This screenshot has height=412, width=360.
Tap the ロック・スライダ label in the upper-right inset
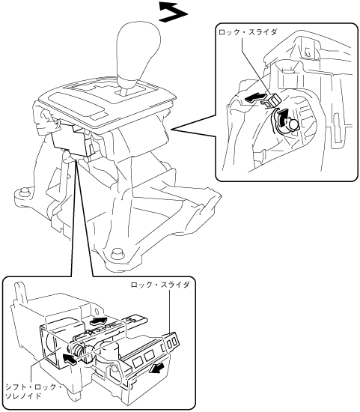[247, 32]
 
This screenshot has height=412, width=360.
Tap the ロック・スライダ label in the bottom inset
[160, 285]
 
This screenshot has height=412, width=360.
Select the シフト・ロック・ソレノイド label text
[34, 391]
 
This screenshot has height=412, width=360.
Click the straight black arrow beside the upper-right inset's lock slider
[255, 98]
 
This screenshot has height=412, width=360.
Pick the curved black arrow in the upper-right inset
[281, 118]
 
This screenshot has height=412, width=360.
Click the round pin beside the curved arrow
[293, 124]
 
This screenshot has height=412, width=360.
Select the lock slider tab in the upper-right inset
[272, 101]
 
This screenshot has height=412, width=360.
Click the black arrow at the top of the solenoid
[98, 321]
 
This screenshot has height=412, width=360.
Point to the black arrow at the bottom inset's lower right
[156, 370]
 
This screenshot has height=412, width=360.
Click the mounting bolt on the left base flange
[23, 192]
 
